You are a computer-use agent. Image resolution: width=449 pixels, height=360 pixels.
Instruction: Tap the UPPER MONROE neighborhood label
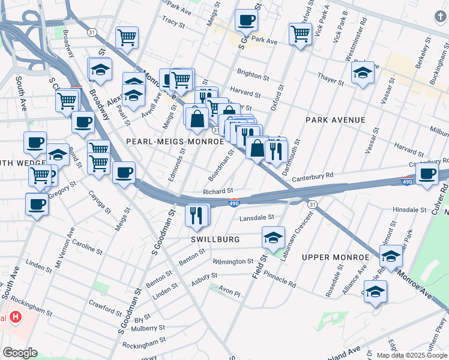point(335,257)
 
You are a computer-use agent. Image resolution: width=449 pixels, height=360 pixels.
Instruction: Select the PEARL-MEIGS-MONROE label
point(167,142)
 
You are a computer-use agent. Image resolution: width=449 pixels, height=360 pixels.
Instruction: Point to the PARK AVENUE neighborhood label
point(335,120)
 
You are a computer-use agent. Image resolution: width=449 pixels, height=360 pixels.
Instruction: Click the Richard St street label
point(217,191)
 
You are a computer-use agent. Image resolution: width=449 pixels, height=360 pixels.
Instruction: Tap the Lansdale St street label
point(256,218)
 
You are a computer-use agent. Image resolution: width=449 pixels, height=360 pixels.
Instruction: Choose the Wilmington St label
point(233,262)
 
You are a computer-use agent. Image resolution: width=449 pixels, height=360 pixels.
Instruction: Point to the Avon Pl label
point(229,294)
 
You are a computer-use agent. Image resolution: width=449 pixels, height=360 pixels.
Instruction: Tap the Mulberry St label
point(149,328)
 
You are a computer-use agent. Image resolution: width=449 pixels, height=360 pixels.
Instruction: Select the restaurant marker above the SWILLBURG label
point(197,215)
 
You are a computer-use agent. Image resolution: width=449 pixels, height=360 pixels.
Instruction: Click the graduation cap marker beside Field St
point(273,237)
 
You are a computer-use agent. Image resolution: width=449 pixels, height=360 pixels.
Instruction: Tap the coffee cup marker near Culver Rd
point(427,173)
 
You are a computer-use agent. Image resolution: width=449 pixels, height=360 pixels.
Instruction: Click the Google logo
point(20,353)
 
